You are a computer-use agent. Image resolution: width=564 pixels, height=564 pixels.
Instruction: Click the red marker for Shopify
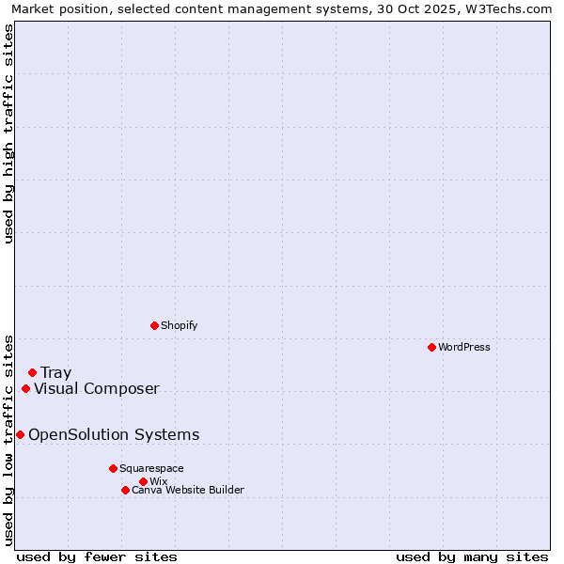[154, 325]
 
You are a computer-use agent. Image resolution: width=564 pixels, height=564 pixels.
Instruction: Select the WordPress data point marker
[431, 347]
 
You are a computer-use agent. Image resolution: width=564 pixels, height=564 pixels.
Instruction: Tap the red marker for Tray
[32, 373]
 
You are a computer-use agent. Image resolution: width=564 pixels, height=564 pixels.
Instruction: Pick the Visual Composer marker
[25, 389]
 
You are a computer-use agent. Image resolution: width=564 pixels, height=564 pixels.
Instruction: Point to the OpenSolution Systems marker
[20, 434]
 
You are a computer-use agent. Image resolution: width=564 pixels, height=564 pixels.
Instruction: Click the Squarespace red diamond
[113, 468]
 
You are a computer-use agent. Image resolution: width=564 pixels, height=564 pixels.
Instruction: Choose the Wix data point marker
[143, 481]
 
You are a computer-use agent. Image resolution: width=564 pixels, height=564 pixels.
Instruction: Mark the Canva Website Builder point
[125, 490]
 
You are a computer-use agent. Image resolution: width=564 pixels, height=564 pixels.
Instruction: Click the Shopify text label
[179, 325]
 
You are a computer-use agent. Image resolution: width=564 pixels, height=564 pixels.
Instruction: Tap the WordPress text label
[463, 347]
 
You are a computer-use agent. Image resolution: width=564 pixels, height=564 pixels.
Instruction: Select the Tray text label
[55, 373]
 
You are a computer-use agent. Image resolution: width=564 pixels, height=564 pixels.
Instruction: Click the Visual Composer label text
[97, 389]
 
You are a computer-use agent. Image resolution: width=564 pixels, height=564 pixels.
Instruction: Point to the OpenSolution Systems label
[114, 434]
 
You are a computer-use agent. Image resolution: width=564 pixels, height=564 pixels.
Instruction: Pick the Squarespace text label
[151, 468]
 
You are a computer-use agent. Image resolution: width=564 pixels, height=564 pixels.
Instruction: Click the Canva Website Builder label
[188, 490]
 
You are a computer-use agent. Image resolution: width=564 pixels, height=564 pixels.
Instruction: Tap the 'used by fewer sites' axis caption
[97, 556]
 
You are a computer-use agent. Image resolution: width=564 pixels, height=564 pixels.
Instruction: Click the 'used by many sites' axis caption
[472, 556]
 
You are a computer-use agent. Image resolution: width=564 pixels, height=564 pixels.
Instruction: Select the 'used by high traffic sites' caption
[9, 133]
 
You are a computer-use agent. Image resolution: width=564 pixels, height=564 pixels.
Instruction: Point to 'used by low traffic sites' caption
[9, 440]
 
